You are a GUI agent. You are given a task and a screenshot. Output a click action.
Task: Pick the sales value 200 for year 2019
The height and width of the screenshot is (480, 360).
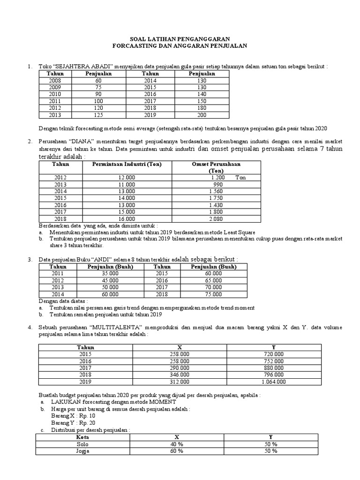pos(202,115)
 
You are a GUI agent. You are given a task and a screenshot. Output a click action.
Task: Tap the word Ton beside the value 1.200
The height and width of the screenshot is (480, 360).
pos(240,178)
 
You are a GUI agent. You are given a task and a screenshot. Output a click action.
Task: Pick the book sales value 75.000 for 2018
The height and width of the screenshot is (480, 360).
pos(213,294)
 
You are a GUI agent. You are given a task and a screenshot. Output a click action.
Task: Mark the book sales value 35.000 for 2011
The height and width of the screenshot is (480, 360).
pos(110,273)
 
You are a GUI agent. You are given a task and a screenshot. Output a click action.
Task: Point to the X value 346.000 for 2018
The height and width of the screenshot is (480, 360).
pos(180,375)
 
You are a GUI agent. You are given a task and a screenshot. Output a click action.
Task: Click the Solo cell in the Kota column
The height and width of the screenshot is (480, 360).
pos(82,444)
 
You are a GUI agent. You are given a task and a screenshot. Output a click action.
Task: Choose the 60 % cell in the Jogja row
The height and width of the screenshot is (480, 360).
pos(177,451)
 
